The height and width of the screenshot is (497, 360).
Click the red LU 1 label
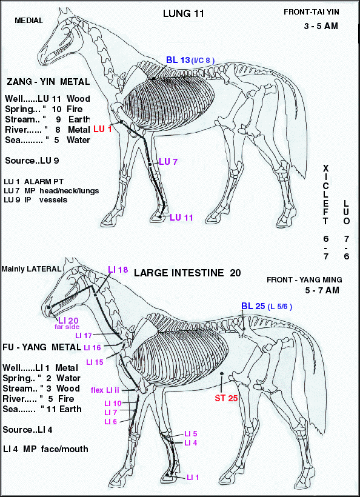(102, 129)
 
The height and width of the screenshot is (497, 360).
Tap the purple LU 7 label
(168, 162)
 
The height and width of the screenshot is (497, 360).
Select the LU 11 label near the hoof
(181, 218)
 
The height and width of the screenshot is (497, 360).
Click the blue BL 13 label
(178, 60)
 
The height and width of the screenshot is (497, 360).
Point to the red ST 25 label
(226, 398)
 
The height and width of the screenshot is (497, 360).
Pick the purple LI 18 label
(118, 270)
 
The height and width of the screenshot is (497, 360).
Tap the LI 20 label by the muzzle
(68, 321)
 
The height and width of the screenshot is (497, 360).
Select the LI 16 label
(93, 348)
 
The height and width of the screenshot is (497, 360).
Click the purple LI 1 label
(193, 478)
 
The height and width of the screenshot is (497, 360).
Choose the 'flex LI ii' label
(105, 390)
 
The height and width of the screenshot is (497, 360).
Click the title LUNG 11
(183, 13)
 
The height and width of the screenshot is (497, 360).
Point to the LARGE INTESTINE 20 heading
(187, 273)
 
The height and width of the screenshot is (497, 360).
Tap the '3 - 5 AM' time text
(321, 26)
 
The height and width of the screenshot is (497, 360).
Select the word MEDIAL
(29, 21)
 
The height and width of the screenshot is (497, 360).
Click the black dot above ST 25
(222, 374)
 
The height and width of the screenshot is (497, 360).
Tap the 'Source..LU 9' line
(32, 161)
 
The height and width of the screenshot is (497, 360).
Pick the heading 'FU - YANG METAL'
(42, 347)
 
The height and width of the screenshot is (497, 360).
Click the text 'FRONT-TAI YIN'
(312, 12)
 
